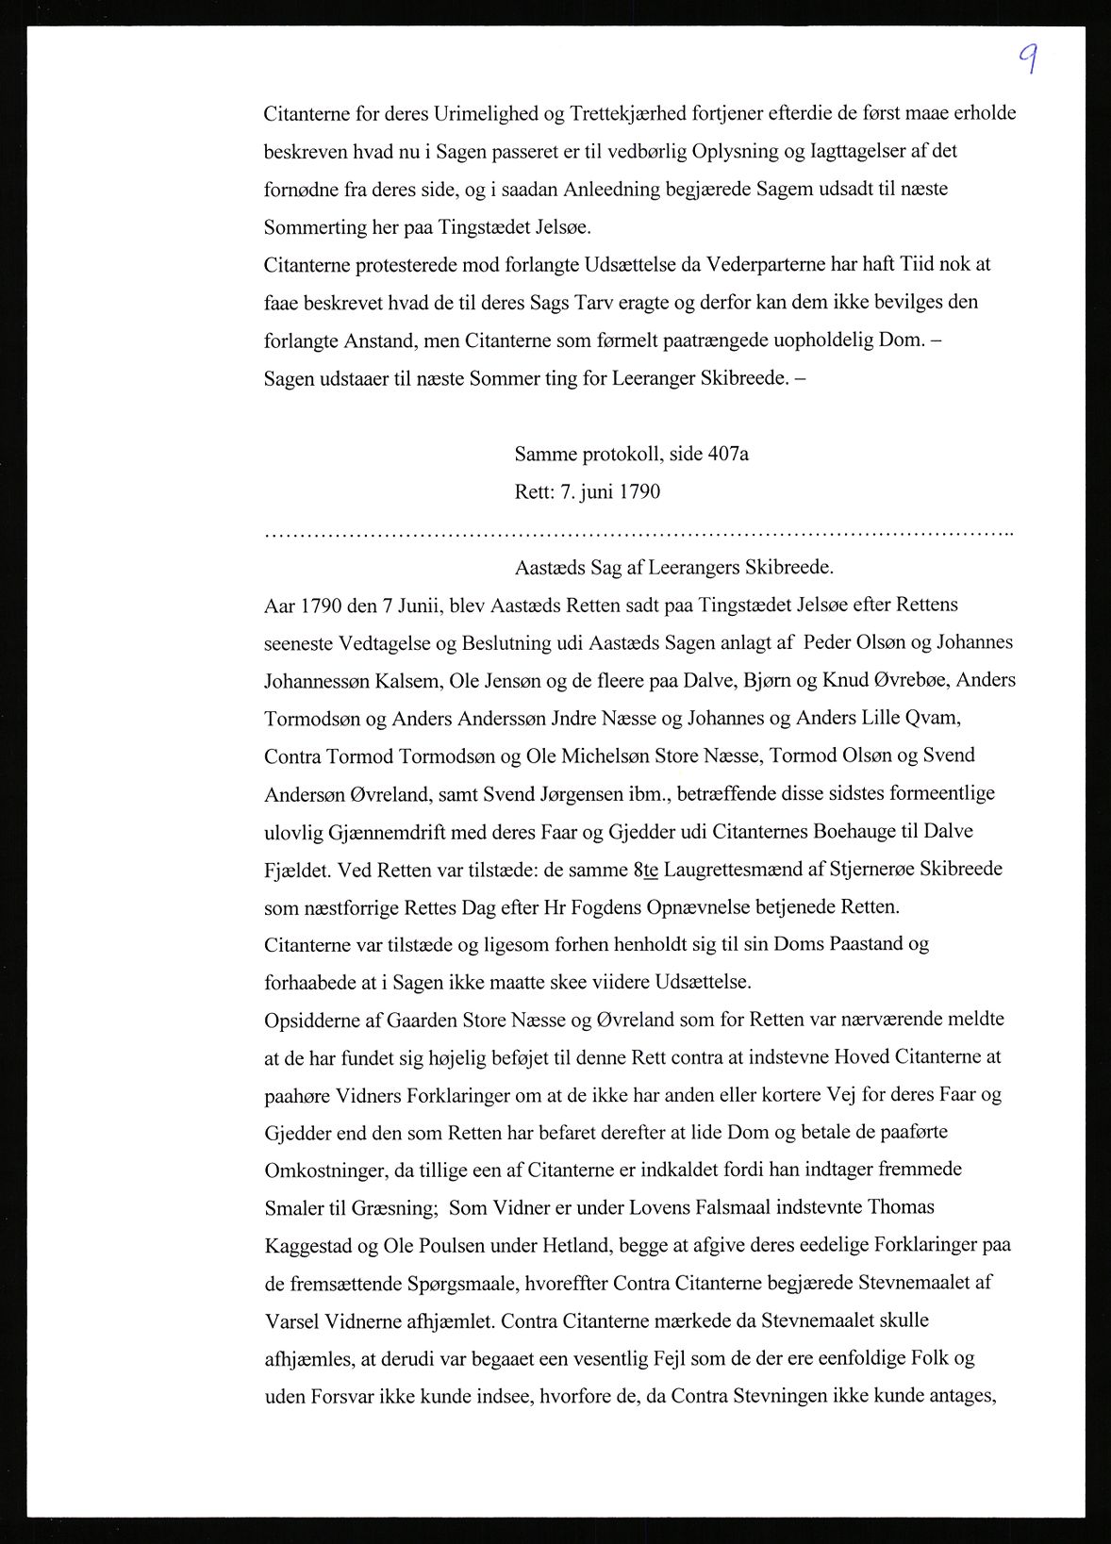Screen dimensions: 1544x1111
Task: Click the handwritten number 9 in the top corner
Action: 1029,59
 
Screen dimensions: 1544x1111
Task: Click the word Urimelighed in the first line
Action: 484,114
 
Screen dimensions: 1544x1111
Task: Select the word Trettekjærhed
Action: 627,114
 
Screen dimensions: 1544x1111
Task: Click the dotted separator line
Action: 638,535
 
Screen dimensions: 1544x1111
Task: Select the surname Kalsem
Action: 405,681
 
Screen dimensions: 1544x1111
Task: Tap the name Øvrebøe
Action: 909,681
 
